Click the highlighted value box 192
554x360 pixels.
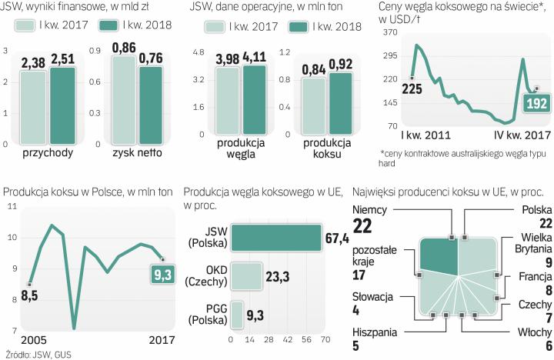click(x=536, y=103)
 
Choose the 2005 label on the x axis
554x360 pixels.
click(x=18, y=342)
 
